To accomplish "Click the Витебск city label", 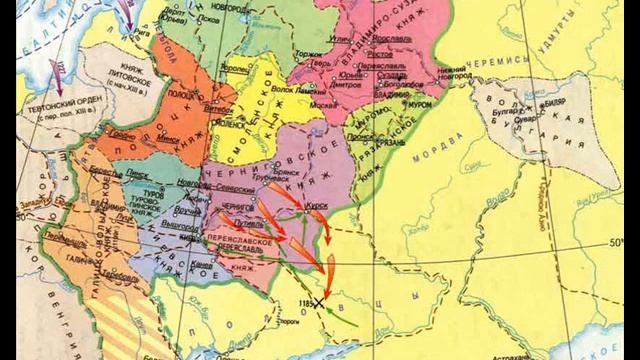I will pyautogui.click(x=212, y=103).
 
